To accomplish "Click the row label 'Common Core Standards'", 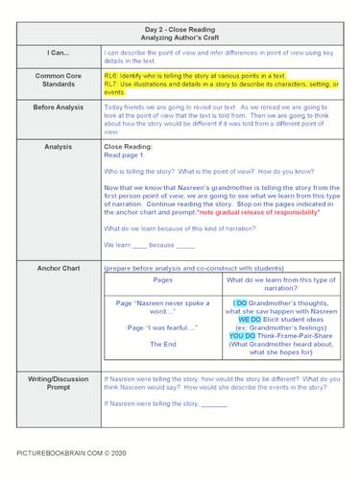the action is [57, 84].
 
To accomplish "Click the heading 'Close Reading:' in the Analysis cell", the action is [129, 145].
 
